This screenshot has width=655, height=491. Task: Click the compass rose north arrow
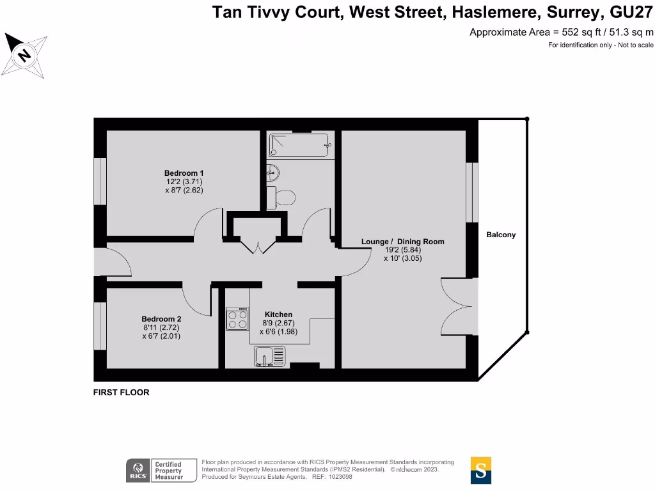pos(24,56)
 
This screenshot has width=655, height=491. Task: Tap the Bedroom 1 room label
pos(184,173)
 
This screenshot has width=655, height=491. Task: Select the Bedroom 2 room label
pos(161,319)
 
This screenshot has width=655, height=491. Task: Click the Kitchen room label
pos(278,315)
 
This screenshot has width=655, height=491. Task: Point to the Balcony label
pos(501,235)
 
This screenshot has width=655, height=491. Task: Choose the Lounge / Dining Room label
pos(402,242)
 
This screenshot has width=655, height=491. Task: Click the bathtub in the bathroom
pos(299,146)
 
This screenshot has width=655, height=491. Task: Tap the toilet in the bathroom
pos(281,197)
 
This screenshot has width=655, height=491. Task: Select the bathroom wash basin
pos(272,171)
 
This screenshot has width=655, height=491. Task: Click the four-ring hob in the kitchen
pos(237,319)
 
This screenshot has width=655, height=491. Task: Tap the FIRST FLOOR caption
pos(121,393)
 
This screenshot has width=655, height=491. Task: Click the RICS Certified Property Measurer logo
pos(154,470)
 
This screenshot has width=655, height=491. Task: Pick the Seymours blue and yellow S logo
pos(480,470)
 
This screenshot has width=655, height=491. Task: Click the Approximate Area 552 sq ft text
pos(562,32)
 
